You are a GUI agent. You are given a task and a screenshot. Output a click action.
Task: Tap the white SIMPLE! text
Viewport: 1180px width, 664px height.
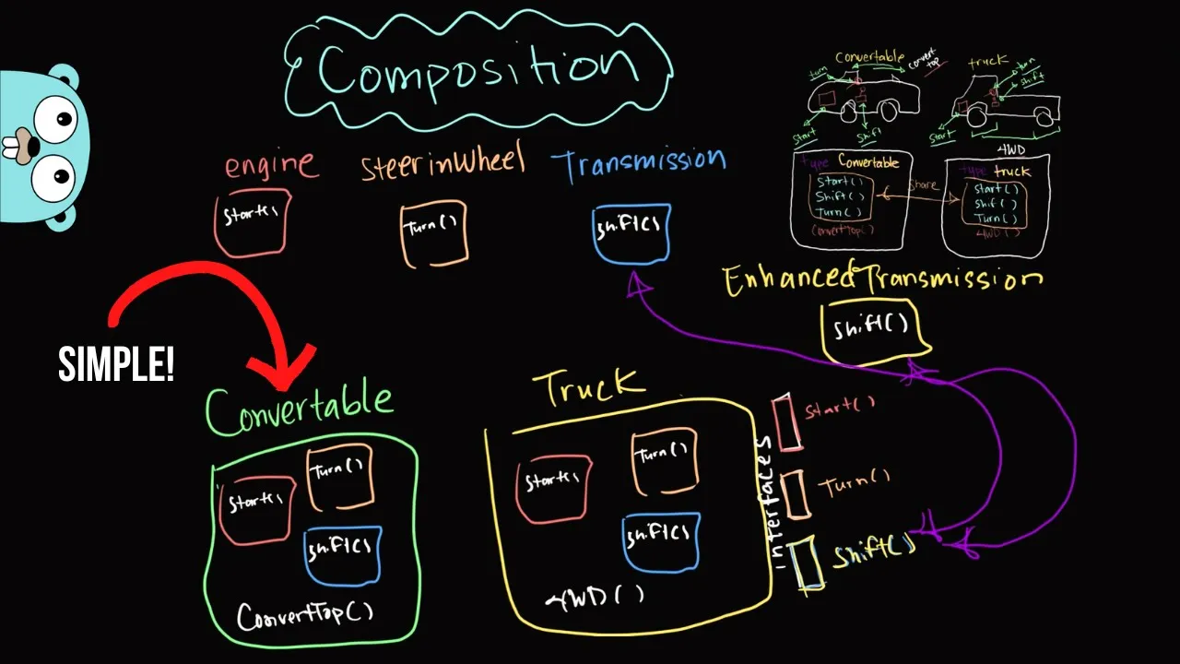pos(116,365)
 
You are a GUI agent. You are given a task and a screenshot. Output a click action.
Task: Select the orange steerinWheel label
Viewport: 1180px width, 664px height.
pos(442,163)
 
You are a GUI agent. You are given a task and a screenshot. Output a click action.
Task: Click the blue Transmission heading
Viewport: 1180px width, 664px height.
pos(638,163)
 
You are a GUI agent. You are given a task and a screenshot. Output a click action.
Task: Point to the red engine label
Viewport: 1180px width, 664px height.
pos(270,165)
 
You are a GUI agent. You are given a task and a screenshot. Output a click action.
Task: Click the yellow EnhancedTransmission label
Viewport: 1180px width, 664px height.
pos(882,279)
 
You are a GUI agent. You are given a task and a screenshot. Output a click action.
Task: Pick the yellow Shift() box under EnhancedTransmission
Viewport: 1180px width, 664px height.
pos(873,327)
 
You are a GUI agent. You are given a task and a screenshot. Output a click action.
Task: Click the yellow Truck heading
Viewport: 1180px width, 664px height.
pos(590,386)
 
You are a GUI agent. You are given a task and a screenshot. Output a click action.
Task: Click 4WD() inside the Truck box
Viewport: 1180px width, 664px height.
pos(597,599)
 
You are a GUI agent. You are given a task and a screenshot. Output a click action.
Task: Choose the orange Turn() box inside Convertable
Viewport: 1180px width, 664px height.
pos(339,478)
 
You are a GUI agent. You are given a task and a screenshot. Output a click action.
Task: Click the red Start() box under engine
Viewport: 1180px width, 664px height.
pos(252,221)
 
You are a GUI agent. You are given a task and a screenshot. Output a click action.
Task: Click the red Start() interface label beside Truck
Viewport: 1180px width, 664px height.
pos(839,409)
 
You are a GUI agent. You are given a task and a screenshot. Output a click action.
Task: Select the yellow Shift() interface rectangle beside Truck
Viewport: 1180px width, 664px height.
pos(808,563)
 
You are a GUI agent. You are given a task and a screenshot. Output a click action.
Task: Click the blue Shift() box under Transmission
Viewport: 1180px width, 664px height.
pos(631,232)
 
